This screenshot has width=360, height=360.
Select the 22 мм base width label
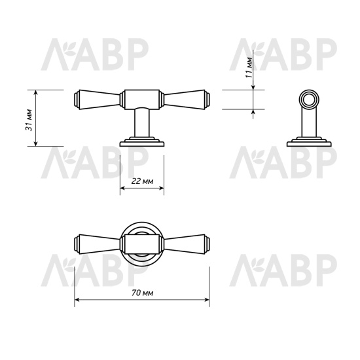[141, 181]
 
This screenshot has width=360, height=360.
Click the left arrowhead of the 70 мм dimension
[78, 302]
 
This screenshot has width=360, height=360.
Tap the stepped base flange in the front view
[141, 141]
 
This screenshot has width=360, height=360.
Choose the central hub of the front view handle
[141, 98]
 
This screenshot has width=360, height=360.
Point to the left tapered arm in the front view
[98, 98]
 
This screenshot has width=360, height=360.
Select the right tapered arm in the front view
[185, 98]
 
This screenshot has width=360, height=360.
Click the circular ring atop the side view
[308, 99]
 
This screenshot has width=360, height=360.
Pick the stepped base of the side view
[308, 141]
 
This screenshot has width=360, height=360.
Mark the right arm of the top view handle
[185, 243]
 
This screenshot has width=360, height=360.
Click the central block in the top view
[141, 243]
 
